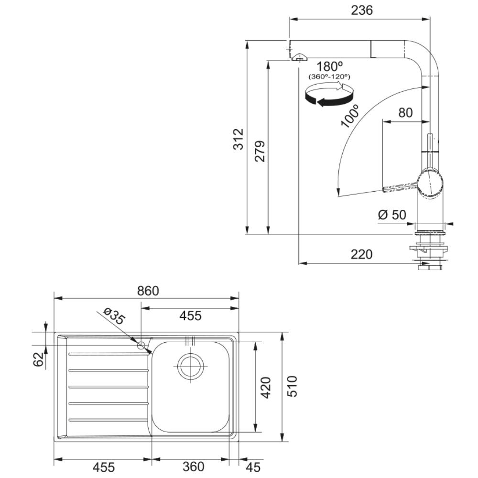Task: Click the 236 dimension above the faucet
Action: click(x=362, y=10)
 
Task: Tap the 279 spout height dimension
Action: click(x=260, y=151)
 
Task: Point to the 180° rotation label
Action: click(x=329, y=66)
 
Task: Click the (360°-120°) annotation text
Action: click(x=329, y=76)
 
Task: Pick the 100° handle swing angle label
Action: click(x=350, y=116)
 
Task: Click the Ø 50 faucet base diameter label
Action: click(x=392, y=215)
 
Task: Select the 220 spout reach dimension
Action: click(x=361, y=254)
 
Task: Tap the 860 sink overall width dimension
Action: click(x=148, y=291)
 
